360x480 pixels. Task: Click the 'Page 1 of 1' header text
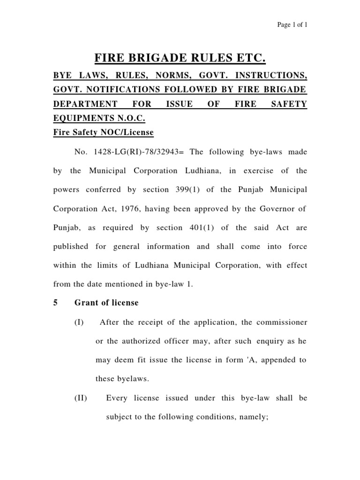[x=292, y=24]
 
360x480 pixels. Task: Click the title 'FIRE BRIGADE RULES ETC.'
[x=180, y=59]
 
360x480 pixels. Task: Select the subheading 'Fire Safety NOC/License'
[x=103, y=132]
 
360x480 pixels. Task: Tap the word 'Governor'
[x=280, y=209]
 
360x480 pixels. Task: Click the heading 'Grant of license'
[x=106, y=303]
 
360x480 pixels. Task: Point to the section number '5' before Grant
[x=56, y=303]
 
